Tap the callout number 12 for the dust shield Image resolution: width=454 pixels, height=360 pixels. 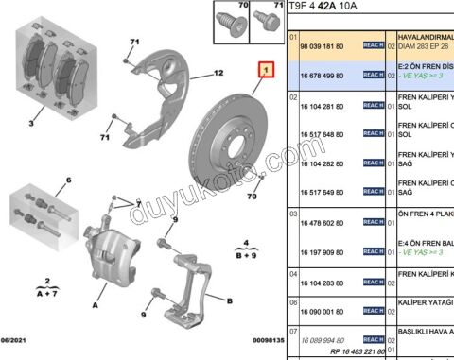(x=218, y=73)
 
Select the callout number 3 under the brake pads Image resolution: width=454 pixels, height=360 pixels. (x=32, y=123)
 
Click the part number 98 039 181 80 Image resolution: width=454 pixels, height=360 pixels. (x=323, y=44)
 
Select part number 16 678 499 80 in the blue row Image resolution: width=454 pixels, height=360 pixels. (x=323, y=73)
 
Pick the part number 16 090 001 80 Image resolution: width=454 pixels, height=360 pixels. (x=323, y=311)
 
